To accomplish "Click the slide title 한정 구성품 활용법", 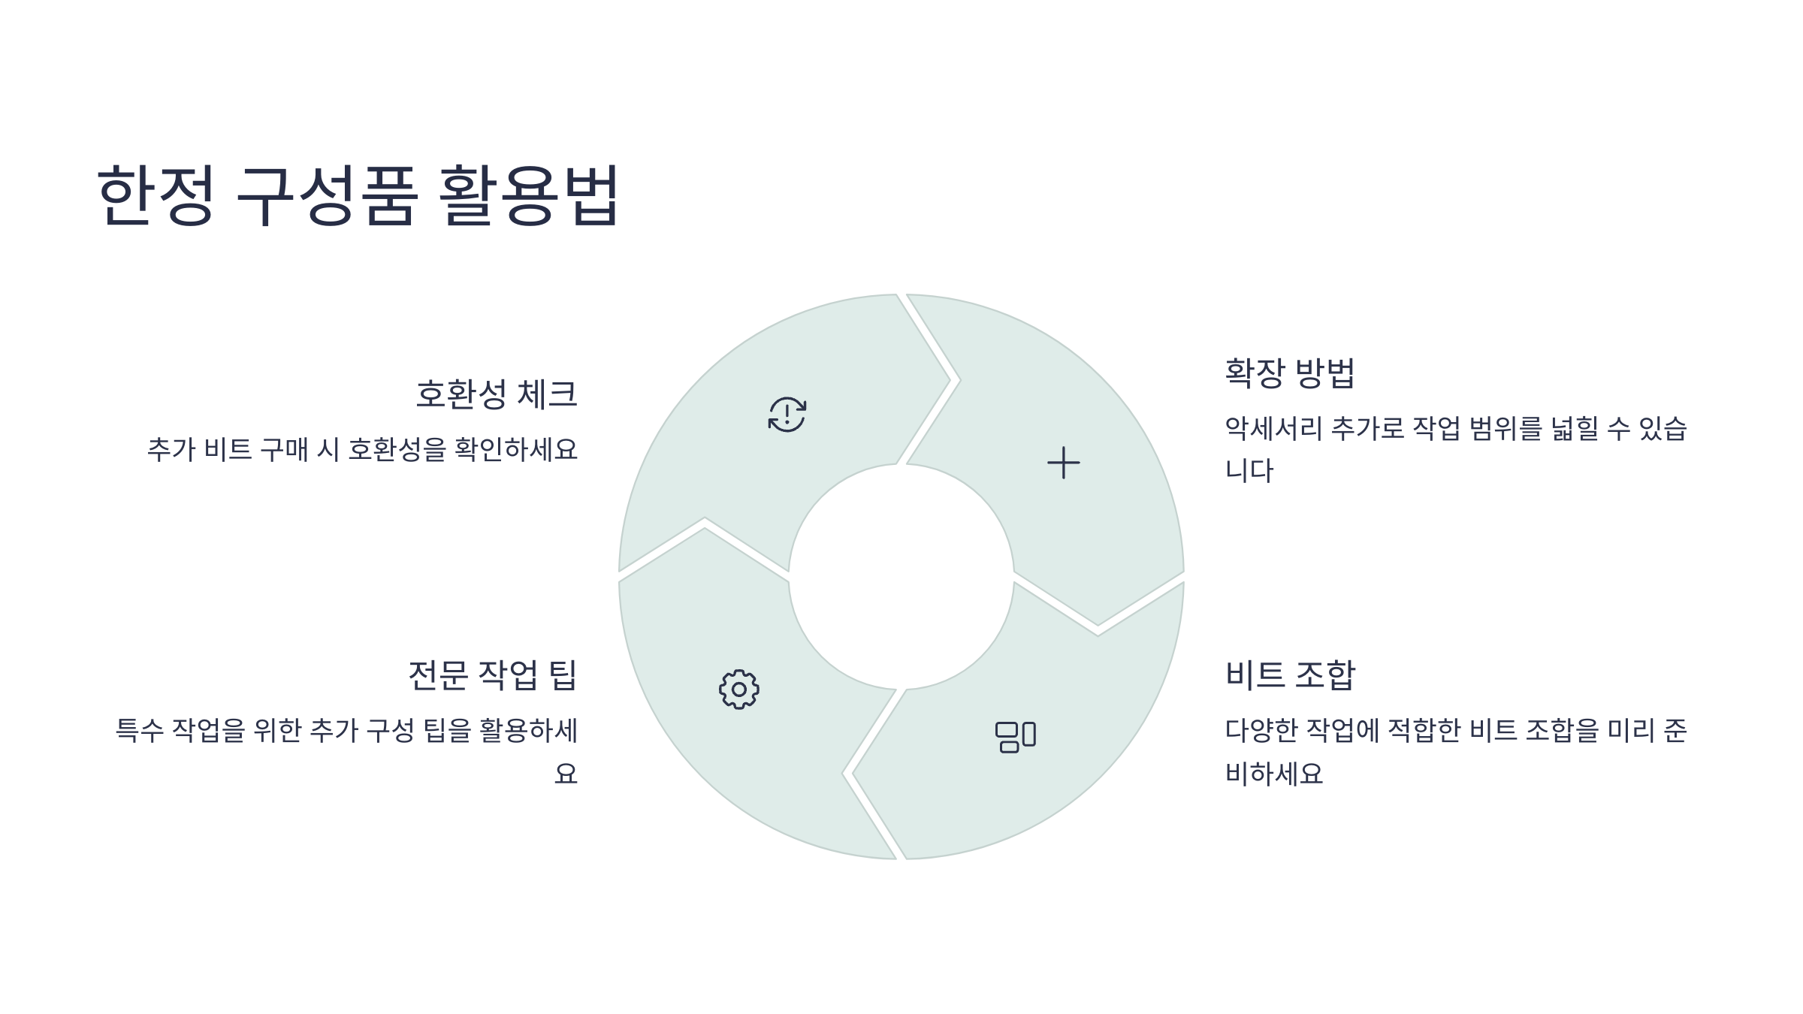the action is pos(358,195).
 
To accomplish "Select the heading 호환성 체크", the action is pos(497,394).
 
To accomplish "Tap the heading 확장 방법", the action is pos(1289,373).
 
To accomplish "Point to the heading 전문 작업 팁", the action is pos(492,674).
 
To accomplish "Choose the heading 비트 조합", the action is pos(1290,674).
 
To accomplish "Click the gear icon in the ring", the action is pos(739,690).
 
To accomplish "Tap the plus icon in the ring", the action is pos(1063,463).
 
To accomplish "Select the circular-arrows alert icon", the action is pos(787,415).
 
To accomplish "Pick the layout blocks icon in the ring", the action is pos(1016,737).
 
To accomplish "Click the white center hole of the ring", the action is pos(901,577).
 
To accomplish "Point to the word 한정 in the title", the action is pos(156,195).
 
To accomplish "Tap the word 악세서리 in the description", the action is pos(1273,429).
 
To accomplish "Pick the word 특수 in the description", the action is pos(139,730).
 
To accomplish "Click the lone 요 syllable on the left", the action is pos(566,773).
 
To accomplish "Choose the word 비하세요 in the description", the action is pos(1273,773).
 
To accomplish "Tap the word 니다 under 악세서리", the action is pos(1249,471).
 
